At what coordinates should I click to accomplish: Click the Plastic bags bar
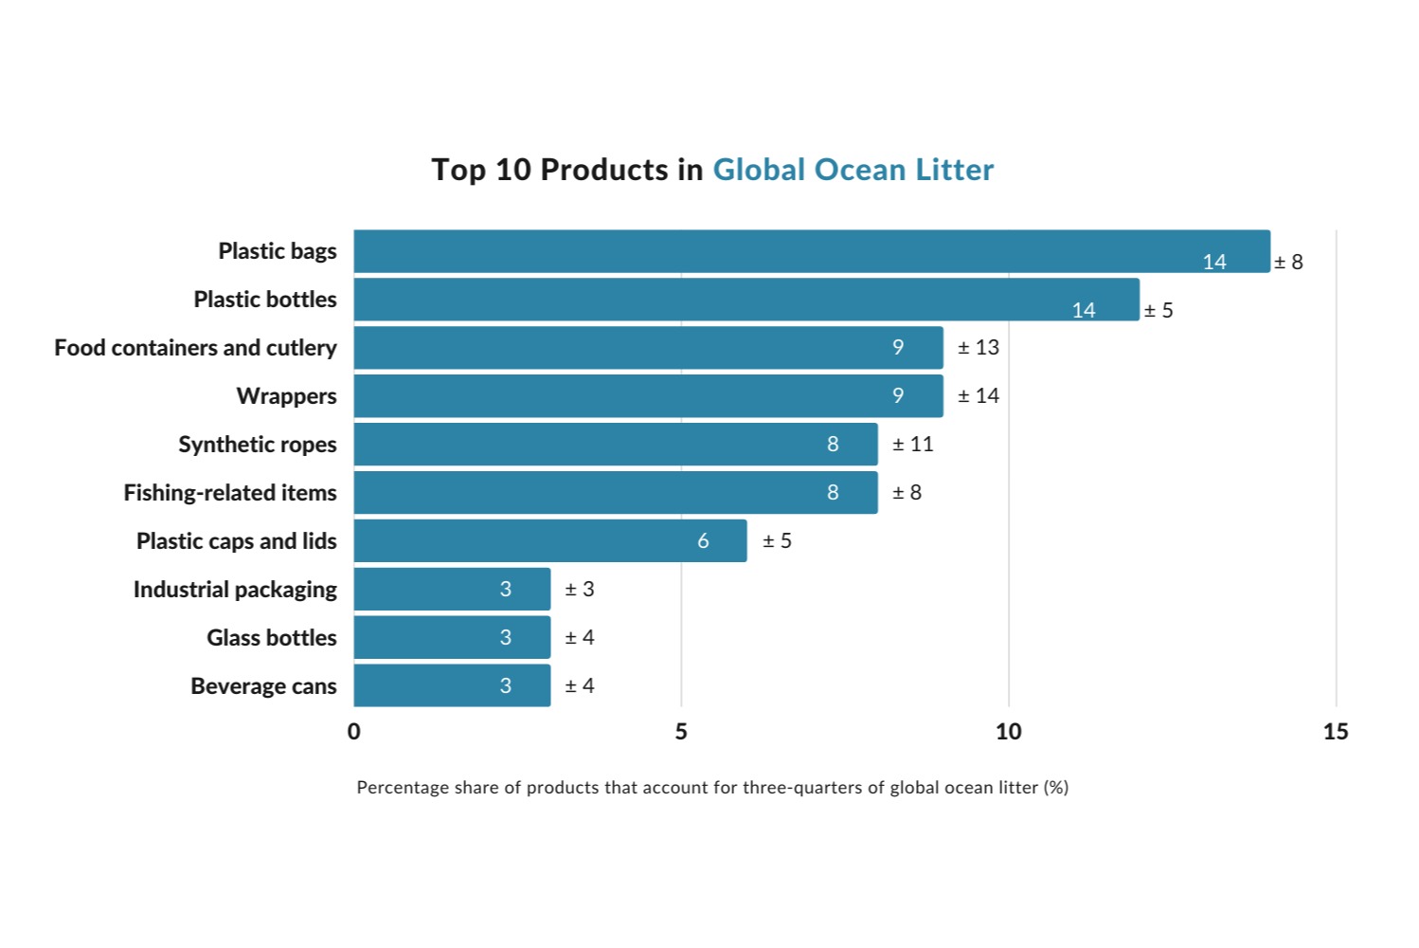point(811,251)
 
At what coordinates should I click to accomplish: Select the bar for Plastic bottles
point(746,300)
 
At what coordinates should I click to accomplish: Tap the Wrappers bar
point(648,396)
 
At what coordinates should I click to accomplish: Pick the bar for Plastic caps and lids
point(549,541)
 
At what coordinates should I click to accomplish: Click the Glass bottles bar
point(452,638)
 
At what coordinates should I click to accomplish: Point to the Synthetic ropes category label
point(258,445)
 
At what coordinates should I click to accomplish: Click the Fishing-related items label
point(230,493)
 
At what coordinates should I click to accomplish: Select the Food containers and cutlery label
point(195,348)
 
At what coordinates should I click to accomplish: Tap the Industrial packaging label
point(235,590)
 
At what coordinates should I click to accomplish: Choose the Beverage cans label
point(263,686)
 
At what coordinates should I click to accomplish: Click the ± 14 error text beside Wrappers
point(978,396)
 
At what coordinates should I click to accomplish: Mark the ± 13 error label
point(978,348)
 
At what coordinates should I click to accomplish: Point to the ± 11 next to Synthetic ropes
point(912,445)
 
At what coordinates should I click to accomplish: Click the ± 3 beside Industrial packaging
point(579,590)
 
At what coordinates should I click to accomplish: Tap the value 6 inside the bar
point(703,541)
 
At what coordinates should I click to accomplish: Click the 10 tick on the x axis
point(1008,732)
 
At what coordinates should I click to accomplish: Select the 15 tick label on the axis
point(1335,732)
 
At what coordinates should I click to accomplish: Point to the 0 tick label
point(354,732)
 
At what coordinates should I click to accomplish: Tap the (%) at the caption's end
point(1055,788)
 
